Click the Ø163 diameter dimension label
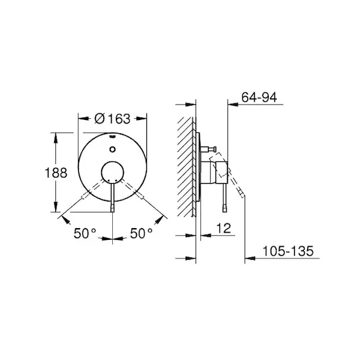pyautogui.click(x=112, y=119)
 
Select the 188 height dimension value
pyautogui.click(x=56, y=173)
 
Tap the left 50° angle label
pyautogui.click(x=85, y=233)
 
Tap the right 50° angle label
pyautogui.click(x=141, y=233)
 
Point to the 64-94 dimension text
pyautogui.click(x=259, y=97)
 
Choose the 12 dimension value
pyautogui.click(x=223, y=228)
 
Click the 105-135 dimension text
pyautogui.click(x=288, y=251)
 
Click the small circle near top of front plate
pyautogui.click(x=112, y=149)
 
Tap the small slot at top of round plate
pyautogui.click(x=112, y=137)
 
